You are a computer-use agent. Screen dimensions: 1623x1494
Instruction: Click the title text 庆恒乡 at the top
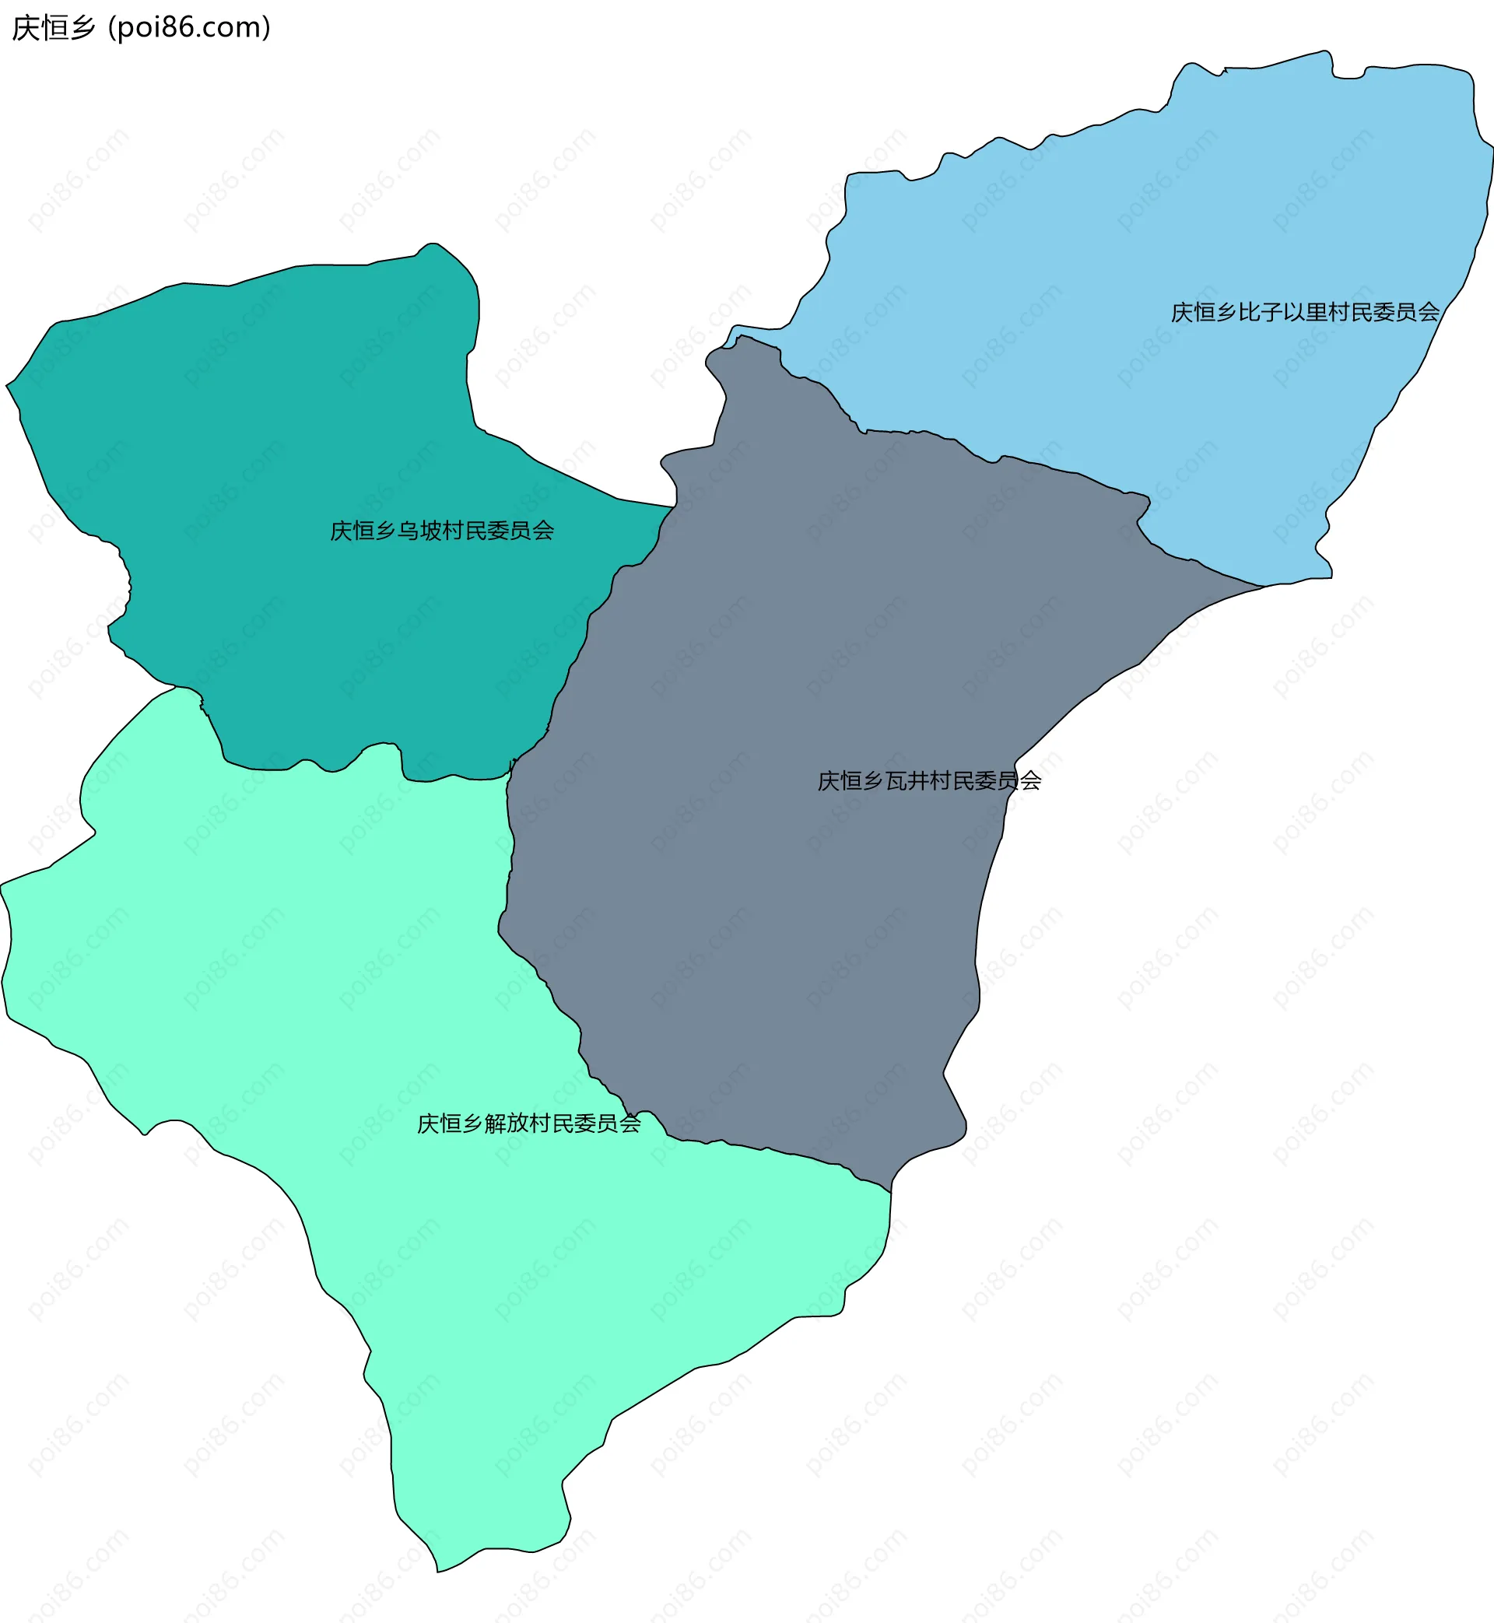tap(54, 28)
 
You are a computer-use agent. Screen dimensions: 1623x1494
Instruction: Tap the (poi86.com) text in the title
tap(189, 28)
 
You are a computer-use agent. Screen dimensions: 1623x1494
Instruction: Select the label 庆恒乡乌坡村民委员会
tap(441, 531)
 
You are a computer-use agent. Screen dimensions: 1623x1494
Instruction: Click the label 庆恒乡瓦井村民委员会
tap(929, 781)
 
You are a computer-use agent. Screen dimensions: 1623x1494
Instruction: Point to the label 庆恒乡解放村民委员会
tap(528, 1123)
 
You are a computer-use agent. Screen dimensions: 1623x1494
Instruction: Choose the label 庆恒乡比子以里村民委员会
tap(1305, 312)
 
